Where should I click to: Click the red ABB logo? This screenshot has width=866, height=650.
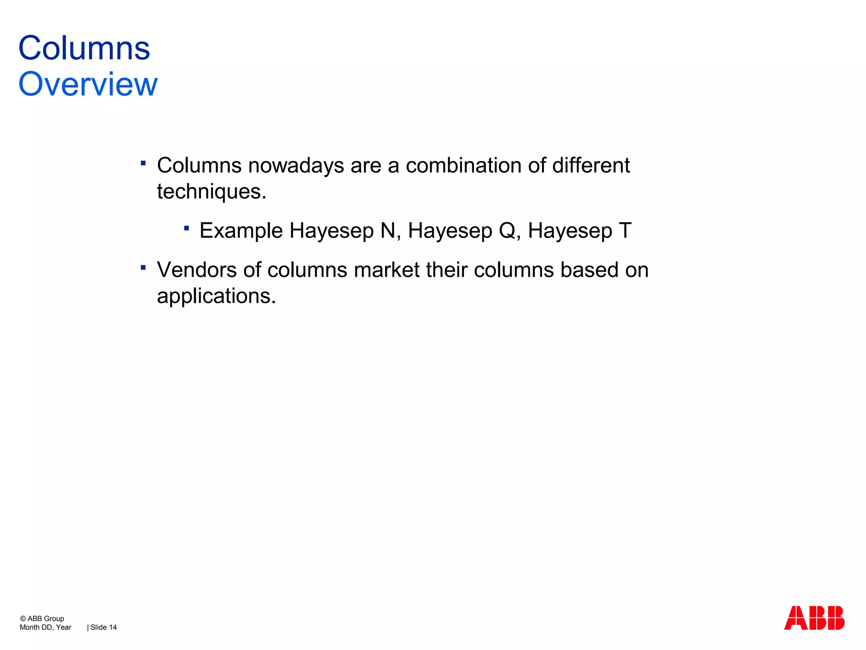pyautogui.click(x=814, y=618)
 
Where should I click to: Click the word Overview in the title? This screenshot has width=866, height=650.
pyautogui.click(x=88, y=84)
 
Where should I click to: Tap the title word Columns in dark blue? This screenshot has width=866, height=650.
pyautogui.click(x=84, y=48)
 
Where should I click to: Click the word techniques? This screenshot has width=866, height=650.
pyautogui.click(x=211, y=192)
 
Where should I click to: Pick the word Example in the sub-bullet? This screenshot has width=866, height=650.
pyautogui.click(x=241, y=231)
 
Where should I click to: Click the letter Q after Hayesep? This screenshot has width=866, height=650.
pyautogui.click(x=507, y=231)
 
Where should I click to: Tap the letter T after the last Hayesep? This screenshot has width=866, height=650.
pyautogui.click(x=625, y=231)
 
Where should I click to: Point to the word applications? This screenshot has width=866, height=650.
pyautogui.click(x=216, y=296)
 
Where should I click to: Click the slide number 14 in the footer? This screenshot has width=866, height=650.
pyautogui.click(x=112, y=627)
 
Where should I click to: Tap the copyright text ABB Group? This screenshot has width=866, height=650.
pyautogui.click(x=46, y=618)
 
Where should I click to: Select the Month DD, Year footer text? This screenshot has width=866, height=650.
pyautogui.click(x=45, y=627)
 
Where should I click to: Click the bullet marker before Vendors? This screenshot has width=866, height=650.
pyautogui.click(x=143, y=267)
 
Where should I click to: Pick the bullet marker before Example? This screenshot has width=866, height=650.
pyautogui.click(x=186, y=229)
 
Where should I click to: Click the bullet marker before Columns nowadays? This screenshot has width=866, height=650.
pyautogui.click(x=143, y=163)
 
